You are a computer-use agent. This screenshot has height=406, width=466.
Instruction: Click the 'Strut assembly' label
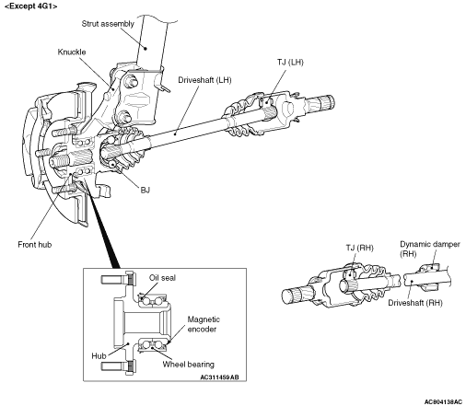(x=108, y=24)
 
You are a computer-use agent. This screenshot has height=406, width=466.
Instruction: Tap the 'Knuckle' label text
(x=72, y=52)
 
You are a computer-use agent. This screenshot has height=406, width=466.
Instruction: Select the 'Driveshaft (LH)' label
(x=204, y=80)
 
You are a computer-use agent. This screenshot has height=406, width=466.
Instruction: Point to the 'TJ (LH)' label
(x=290, y=63)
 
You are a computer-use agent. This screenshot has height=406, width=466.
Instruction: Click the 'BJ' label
(x=146, y=190)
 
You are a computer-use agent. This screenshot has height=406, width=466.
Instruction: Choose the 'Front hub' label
(x=35, y=245)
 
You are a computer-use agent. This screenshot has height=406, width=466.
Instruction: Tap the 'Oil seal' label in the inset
(x=162, y=278)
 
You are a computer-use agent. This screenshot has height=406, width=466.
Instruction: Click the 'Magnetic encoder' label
(x=204, y=324)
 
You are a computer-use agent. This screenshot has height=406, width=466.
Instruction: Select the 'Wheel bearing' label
(x=189, y=365)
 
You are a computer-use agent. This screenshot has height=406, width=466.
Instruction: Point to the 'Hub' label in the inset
(x=99, y=356)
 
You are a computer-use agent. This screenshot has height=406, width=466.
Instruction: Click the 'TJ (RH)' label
(x=359, y=248)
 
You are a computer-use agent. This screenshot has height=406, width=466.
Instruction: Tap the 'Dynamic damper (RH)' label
(x=430, y=249)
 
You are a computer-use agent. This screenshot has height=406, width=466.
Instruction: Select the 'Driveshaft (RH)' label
(x=415, y=303)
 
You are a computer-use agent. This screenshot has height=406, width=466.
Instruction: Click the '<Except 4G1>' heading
(x=30, y=6)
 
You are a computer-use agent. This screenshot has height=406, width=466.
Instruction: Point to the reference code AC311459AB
(x=219, y=377)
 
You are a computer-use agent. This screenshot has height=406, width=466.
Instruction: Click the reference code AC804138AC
(x=443, y=401)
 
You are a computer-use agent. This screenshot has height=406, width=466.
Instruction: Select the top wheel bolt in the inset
(x=118, y=279)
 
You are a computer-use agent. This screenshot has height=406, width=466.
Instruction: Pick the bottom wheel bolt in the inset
(x=118, y=366)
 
